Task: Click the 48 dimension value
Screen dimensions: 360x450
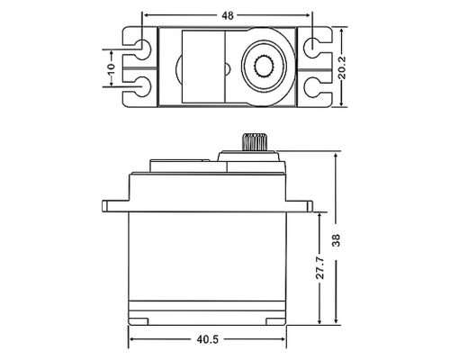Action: pos(228,15)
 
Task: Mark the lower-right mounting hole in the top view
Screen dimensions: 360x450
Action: pos(311,87)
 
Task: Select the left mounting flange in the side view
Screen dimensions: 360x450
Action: pos(115,206)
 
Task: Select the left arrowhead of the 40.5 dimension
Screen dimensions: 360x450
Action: pos(133,340)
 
